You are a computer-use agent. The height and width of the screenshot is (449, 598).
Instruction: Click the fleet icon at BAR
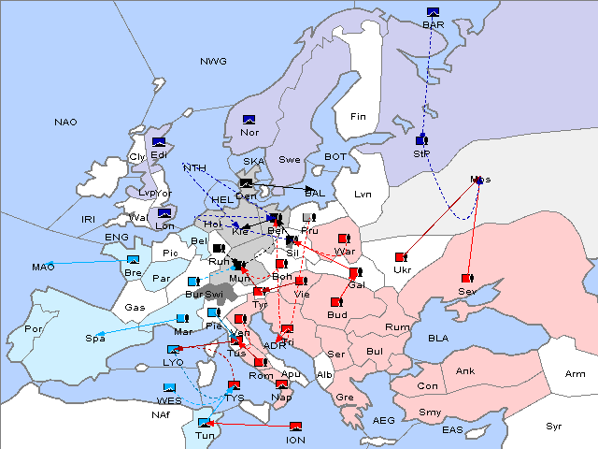tap(433, 13)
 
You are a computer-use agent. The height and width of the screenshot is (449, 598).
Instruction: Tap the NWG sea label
tap(213, 61)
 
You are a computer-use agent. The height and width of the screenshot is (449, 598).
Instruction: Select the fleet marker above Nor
tap(249, 120)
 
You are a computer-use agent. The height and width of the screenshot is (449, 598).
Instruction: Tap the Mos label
tap(480, 179)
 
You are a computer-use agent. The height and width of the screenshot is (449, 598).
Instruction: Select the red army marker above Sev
tap(466, 278)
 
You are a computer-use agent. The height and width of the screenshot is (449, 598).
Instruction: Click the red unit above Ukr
tap(402, 256)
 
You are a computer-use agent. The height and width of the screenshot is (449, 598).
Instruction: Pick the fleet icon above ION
tap(296, 427)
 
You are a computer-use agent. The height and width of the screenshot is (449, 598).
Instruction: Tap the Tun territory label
tap(204, 436)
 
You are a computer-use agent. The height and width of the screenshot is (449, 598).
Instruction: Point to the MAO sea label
tap(43, 268)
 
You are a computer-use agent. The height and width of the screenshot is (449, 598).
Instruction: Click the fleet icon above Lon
tap(166, 213)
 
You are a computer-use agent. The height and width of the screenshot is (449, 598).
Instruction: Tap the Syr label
tap(555, 426)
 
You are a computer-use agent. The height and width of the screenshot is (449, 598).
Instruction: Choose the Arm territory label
tap(576, 374)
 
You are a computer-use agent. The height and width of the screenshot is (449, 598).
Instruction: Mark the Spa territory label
tap(95, 338)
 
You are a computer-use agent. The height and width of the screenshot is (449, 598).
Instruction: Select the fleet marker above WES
tap(170, 387)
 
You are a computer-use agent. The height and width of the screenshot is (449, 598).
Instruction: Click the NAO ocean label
tap(65, 123)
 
